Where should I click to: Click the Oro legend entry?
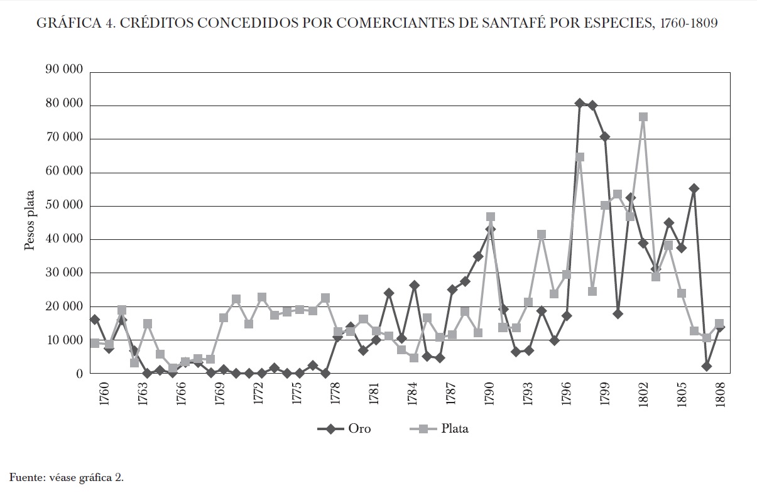pos(344,429)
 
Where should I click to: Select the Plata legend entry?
pos(438,429)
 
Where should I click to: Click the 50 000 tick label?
pos(64,205)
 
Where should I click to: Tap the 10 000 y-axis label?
pos(64,340)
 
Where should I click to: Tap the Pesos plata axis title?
pos(30,222)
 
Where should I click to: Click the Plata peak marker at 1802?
pos(643,117)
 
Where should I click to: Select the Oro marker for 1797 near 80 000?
pos(580,103)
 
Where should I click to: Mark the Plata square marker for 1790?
pos(491,217)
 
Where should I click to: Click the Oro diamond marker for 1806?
pos(694,188)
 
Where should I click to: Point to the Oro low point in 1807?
pos(707,366)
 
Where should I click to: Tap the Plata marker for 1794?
pos(542,234)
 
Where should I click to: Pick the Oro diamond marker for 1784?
pos(414,285)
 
